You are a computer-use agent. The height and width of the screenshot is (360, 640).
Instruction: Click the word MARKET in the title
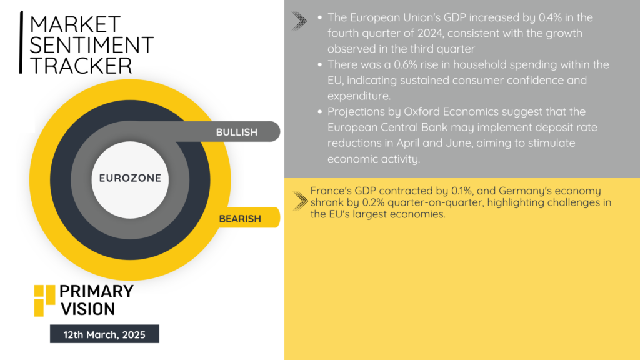(75, 24)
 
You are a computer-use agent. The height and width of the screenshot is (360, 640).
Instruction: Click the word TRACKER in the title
(81, 66)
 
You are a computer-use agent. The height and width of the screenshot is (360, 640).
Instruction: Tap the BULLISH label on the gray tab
(237, 132)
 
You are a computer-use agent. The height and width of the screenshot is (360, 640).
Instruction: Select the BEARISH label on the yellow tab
(240, 219)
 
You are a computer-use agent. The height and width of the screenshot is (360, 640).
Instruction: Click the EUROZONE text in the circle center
(130, 178)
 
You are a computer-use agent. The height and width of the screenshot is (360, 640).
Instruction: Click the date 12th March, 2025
(104, 335)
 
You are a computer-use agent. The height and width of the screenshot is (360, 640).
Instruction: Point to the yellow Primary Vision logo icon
(44, 301)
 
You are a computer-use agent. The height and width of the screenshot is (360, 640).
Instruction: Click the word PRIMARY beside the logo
(96, 291)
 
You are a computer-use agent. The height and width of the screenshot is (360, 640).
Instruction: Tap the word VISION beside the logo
(87, 309)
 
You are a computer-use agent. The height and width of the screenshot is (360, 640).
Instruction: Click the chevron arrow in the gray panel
(299, 21)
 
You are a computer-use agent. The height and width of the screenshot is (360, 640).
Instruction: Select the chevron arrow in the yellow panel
(301, 201)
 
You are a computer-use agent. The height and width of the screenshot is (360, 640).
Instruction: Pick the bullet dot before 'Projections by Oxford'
(319, 111)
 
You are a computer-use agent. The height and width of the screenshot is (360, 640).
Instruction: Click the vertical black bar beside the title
(21, 42)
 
